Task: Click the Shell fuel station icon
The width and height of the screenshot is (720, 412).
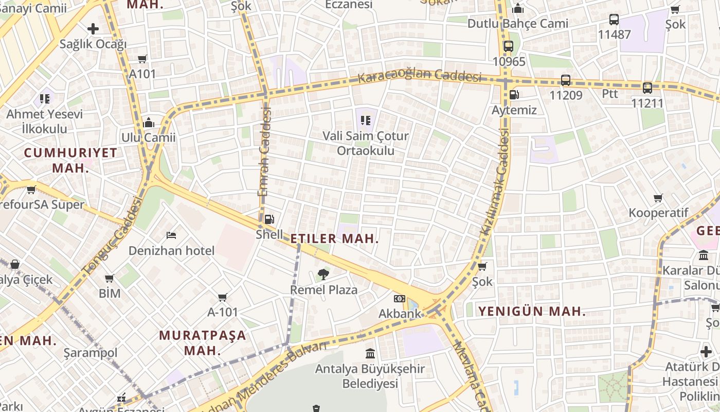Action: click(269, 219)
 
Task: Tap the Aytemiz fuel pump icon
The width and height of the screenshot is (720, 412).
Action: click(513, 95)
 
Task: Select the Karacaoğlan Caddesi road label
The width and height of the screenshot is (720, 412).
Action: click(419, 77)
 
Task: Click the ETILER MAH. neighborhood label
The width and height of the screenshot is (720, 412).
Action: click(334, 238)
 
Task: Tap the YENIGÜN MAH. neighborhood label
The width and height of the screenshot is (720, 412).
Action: click(532, 311)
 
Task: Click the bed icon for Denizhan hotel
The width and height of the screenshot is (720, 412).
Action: click(171, 235)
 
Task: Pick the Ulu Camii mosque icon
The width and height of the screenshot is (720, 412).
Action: click(149, 123)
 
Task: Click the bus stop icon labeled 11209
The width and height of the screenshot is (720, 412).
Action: click(566, 80)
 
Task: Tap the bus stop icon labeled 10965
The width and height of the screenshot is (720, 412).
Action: click(509, 46)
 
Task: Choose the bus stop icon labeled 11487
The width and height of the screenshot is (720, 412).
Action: click(614, 20)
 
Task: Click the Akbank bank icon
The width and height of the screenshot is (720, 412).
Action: click(399, 299)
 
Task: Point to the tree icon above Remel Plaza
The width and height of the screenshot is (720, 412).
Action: click(323, 274)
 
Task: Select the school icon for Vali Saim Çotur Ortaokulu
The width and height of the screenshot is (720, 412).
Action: click(366, 121)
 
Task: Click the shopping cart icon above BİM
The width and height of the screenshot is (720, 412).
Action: click(110, 279)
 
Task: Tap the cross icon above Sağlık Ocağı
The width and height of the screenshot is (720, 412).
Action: click(93, 29)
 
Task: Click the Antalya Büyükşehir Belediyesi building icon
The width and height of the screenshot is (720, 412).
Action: click(370, 353)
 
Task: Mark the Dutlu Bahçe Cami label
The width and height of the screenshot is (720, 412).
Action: click(517, 24)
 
